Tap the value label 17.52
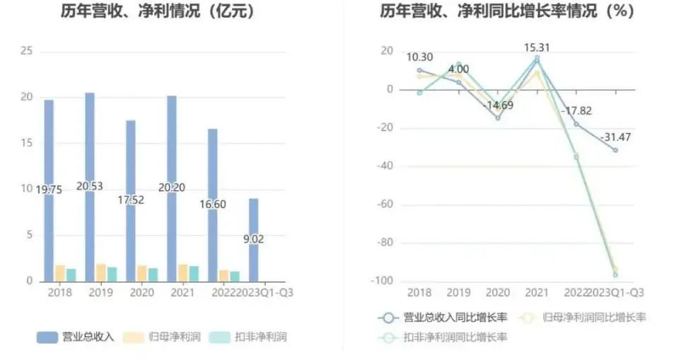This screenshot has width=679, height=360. point(131,200)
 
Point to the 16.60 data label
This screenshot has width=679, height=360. point(212,204)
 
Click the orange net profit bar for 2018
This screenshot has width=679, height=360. point(60,273)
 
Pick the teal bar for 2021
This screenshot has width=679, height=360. point(194,273)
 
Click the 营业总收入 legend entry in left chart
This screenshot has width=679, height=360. point(76,337)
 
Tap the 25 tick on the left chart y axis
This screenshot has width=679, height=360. point(27,51)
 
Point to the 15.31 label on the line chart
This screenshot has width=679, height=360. point(537,48)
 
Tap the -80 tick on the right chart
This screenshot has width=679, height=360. point(382,243)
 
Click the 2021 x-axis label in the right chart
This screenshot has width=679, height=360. point(537,292)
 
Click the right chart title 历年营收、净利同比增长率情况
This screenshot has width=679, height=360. point(506,11)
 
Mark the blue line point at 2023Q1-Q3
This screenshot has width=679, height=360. point(615,150)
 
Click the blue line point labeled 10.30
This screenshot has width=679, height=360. point(419,70)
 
